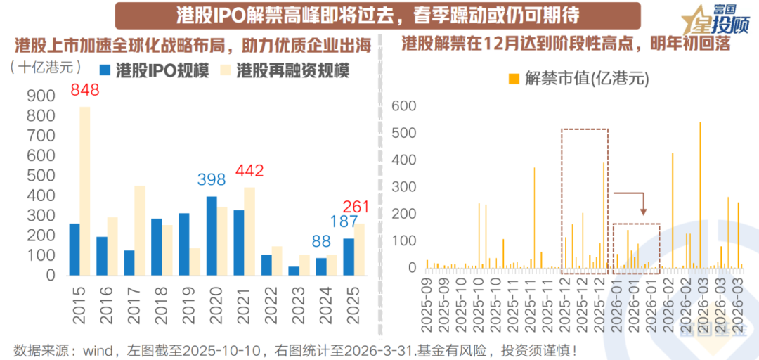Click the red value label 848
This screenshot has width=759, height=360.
click(84, 90)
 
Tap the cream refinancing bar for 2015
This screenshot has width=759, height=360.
click(84, 190)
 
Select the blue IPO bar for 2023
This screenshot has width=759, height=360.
click(294, 271)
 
